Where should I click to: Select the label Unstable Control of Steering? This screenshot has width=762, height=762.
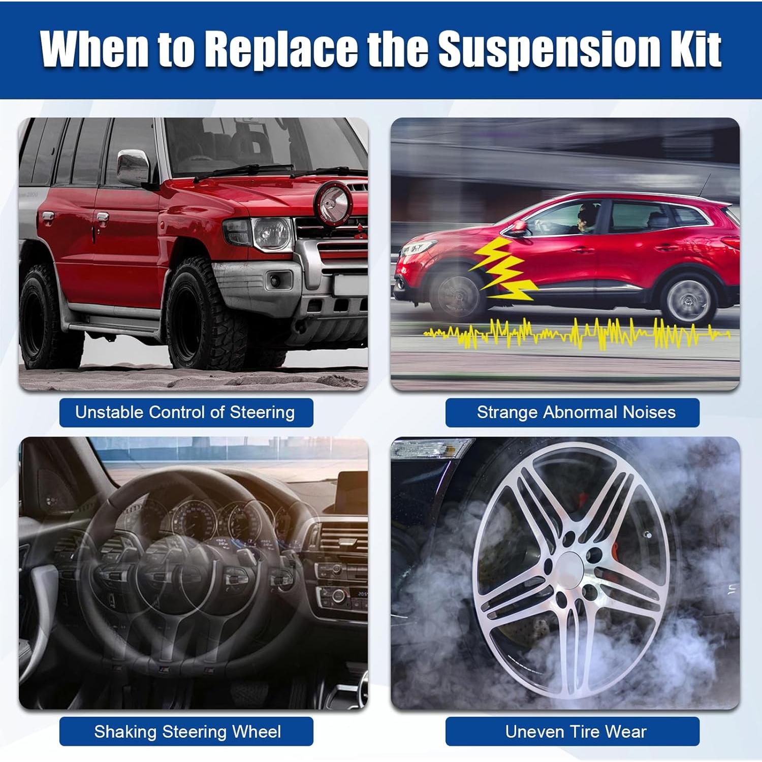pyautogui.click(x=185, y=412)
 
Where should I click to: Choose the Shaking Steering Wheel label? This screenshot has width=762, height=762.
pyautogui.click(x=186, y=732)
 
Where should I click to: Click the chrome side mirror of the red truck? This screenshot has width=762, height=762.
pyautogui.click(x=133, y=168)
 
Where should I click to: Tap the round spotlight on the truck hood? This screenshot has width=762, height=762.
pyautogui.click(x=334, y=200)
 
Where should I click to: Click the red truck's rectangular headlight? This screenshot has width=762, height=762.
pyautogui.click(x=272, y=234)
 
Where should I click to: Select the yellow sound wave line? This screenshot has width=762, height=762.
pyautogui.click(x=577, y=333)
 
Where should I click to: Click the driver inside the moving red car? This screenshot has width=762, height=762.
pyautogui.click(x=586, y=218)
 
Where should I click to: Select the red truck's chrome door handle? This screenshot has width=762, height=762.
pyautogui.click(x=101, y=219)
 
